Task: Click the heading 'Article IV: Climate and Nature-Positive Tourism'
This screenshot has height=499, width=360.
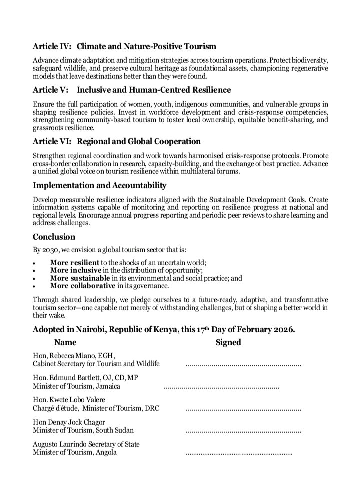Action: click(124, 47)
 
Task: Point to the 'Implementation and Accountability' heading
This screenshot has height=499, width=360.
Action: click(99, 185)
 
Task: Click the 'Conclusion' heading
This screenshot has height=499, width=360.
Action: click(54, 237)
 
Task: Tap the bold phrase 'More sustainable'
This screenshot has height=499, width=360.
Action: click(80, 278)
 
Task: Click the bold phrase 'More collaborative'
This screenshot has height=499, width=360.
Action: click(82, 286)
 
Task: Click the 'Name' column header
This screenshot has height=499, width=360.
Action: click(65, 343)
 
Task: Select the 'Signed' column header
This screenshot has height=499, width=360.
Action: click(228, 343)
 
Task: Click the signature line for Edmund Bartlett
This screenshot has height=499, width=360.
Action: click(221, 387)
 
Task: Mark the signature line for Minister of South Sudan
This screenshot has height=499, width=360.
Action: click(243, 431)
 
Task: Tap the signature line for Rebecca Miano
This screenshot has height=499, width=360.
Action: click(243, 366)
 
